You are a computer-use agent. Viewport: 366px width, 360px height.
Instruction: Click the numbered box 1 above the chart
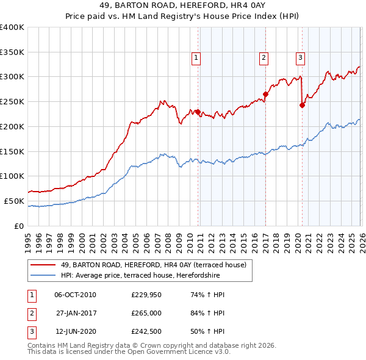196,59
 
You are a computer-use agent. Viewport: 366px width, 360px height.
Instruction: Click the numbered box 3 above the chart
301,59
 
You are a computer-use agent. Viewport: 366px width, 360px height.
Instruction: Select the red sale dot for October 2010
198,111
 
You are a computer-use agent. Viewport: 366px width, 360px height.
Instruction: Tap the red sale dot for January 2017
265,94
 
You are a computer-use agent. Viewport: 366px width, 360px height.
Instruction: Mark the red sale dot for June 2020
302,105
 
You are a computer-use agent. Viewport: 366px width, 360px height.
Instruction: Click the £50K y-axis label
14,201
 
